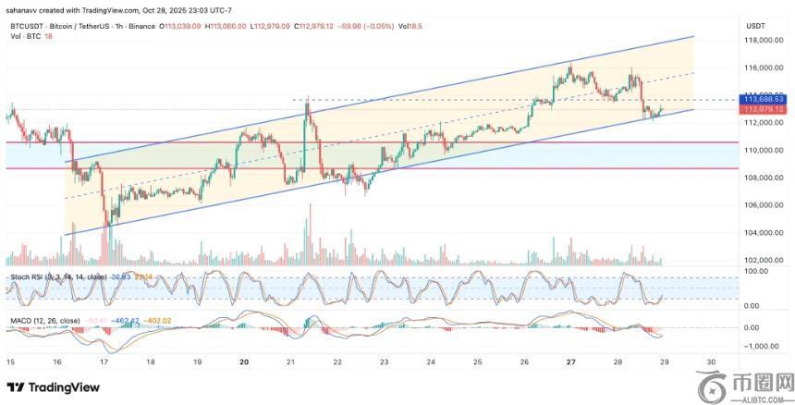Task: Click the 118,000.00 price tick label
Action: click(x=766, y=41)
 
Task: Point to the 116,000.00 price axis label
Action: click(x=766, y=68)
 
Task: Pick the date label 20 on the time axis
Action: click(x=243, y=362)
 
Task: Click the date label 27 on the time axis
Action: click(x=570, y=362)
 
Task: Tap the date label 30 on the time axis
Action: click(x=711, y=362)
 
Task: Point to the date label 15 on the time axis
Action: click(x=10, y=362)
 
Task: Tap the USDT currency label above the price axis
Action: click(x=755, y=27)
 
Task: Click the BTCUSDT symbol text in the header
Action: click(x=25, y=26)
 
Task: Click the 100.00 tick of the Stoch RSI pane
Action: click(x=757, y=272)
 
